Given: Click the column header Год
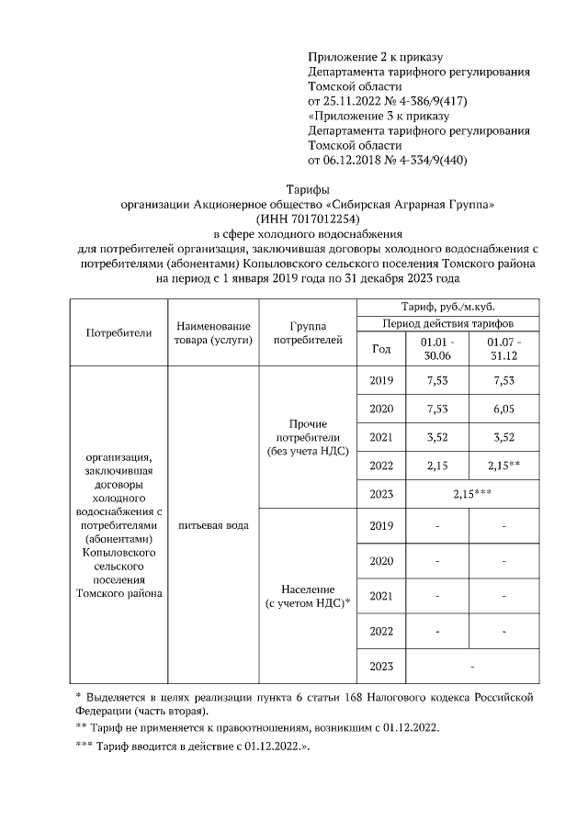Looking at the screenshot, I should click(x=380, y=348).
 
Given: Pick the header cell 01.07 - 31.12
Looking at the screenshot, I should click(x=503, y=348).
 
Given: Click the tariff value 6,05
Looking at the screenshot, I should click(x=503, y=409).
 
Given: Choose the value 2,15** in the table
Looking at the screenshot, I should click(x=503, y=466).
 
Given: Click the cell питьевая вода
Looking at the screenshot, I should click(x=212, y=524).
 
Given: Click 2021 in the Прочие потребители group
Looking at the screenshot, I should click(x=380, y=438).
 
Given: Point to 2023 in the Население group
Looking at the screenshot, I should click(x=380, y=666).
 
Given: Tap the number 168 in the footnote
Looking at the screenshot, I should click(x=353, y=698).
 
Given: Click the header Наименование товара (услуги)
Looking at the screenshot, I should click(x=212, y=333).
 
